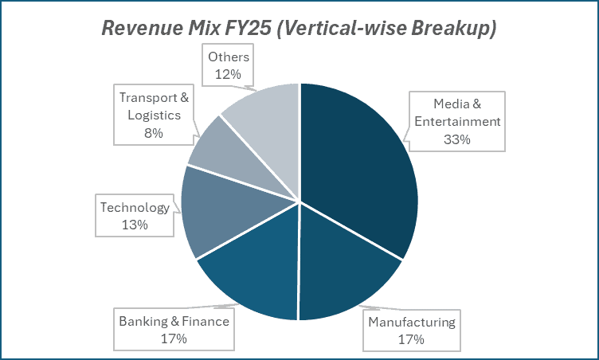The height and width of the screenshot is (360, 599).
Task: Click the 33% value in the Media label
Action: pyautogui.click(x=456, y=139)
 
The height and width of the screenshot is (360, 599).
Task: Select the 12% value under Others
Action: pyautogui.click(x=229, y=73)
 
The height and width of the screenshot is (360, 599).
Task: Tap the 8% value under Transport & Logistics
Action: pyautogui.click(x=154, y=132)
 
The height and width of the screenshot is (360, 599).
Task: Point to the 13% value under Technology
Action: pyautogui.click(x=135, y=225)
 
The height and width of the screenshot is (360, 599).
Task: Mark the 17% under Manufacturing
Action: pyautogui.click(x=411, y=339)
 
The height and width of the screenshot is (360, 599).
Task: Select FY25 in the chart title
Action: pyautogui.click(x=251, y=29)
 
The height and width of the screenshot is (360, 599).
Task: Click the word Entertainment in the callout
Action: pyautogui.click(x=456, y=121)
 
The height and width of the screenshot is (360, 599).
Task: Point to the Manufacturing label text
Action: pyautogui.click(x=411, y=323)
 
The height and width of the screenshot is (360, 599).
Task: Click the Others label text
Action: pyautogui.click(x=229, y=57)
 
